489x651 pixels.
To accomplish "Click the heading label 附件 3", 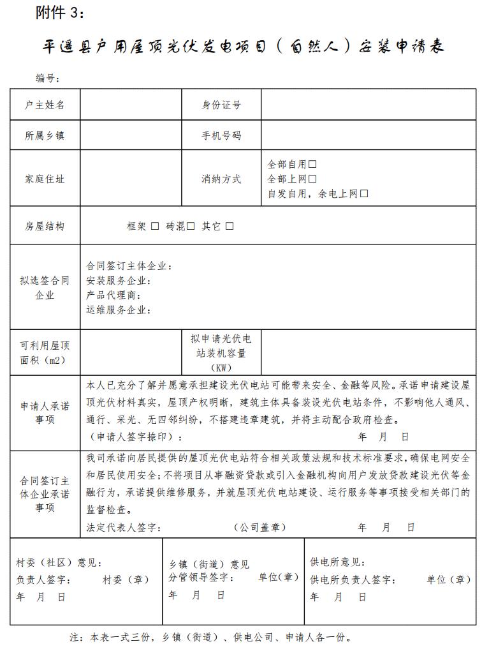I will [x=59, y=13].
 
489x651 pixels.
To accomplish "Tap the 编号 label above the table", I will [x=48, y=79].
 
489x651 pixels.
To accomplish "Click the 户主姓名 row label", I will [x=45, y=105].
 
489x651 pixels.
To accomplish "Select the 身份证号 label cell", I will [x=221, y=105].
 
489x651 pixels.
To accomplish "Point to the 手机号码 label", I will [x=221, y=135].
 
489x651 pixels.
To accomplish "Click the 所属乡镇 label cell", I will [x=45, y=135].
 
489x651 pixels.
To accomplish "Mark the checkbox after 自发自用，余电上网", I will [x=364, y=194].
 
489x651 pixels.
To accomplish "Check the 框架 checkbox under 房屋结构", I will [x=155, y=226].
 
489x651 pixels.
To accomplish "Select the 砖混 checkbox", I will [x=191, y=226].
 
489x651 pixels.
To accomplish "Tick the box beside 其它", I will [x=230, y=226].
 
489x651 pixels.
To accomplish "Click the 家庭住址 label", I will [x=45, y=179].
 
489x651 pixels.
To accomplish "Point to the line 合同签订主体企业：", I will [x=129, y=266].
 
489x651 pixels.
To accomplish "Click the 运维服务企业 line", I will [x=119, y=310].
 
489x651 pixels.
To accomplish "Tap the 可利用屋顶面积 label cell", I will [x=45, y=352].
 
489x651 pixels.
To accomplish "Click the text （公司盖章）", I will [x=259, y=527].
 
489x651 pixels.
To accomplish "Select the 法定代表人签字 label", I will [x=124, y=527].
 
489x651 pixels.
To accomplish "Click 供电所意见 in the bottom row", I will [x=337, y=562].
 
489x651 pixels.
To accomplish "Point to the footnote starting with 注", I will [x=210, y=637].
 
